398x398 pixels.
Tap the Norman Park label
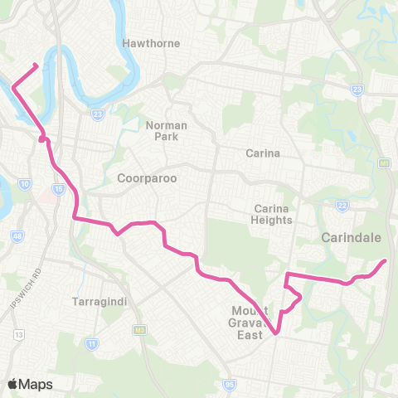coord(167,130)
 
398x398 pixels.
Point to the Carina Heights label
coord(273,214)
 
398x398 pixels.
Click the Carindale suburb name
coord(351,238)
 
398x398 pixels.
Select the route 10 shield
coord(26,182)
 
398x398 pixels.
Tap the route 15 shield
coord(57,190)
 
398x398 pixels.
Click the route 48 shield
coord(17,236)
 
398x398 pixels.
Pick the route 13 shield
coord(19,334)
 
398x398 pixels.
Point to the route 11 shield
coord(91,342)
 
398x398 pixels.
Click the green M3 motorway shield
coord(140,330)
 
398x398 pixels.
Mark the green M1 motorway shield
coord(385,164)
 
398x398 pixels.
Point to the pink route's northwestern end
coord(35,64)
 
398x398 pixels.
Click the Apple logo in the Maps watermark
coord(12,384)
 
